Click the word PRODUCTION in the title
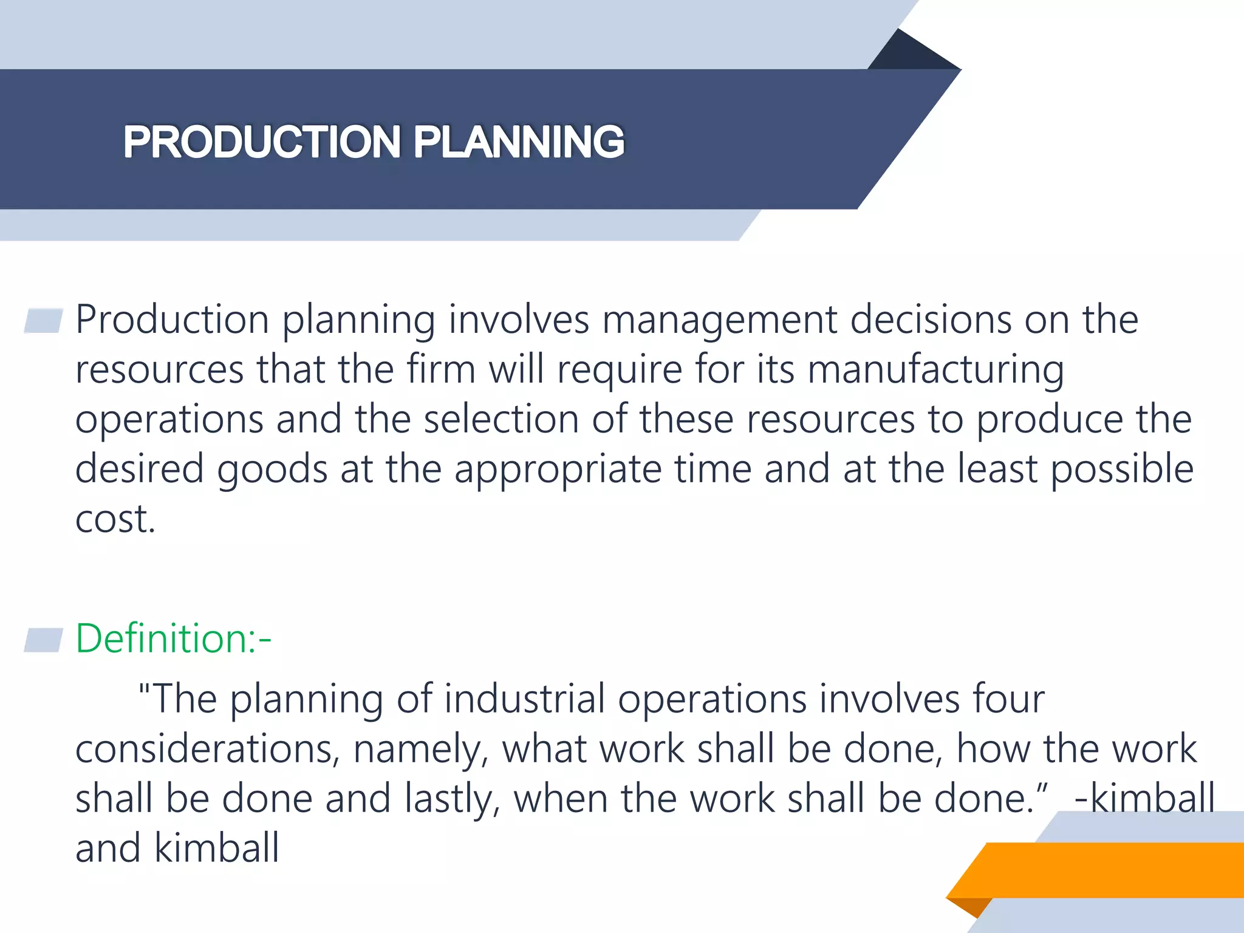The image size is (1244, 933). point(262,142)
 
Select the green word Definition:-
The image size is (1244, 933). point(173,639)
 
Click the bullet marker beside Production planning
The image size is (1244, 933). point(44,321)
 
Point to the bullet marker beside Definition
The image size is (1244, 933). point(44,640)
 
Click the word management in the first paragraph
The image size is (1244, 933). point(719,321)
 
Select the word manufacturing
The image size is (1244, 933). point(935,371)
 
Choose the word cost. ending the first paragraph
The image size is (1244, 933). point(115,520)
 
